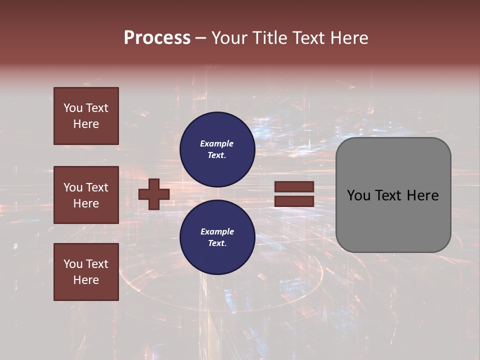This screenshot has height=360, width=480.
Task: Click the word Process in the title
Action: point(157,38)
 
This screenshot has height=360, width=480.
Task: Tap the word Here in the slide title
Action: point(350,38)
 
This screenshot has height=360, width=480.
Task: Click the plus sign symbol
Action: point(154,194)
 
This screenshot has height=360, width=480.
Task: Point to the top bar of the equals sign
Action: point(294,187)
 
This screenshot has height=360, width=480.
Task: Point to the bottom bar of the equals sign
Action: point(294,201)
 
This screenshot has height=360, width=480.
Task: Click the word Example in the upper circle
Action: point(217,143)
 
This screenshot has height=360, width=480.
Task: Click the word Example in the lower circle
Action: point(217,231)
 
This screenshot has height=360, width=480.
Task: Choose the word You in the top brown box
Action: point(72,108)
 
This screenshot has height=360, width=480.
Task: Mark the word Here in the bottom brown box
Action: point(86,280)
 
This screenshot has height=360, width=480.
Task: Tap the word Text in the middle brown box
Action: point(97,187)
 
